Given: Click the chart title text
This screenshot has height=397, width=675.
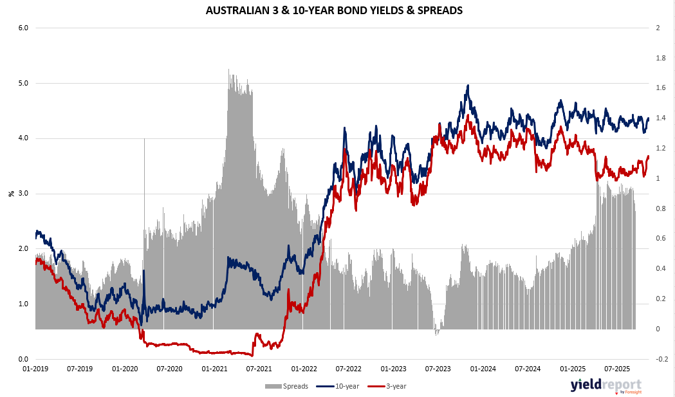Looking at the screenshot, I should click(x=333, y=10).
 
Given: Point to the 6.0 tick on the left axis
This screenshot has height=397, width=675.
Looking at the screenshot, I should click(x=21, y=28).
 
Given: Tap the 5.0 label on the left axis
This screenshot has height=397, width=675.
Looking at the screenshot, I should click(x=21, y=83).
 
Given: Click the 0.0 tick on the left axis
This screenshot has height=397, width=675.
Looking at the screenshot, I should click(x=21, y=359).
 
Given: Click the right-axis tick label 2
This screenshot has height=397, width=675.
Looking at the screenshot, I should click(x=658, y=28).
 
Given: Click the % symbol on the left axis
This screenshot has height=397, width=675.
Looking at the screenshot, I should click(x=11, y=193).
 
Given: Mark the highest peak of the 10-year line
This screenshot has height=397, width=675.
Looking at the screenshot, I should click(x=468, y=86).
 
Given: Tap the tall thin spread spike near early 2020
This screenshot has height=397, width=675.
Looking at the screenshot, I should click(x=144, y=140).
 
